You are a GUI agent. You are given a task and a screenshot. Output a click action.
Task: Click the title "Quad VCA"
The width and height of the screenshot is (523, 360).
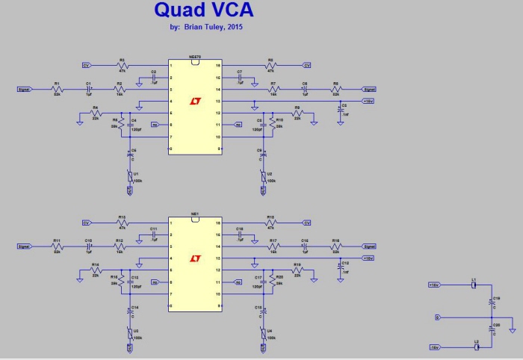coord(203,10)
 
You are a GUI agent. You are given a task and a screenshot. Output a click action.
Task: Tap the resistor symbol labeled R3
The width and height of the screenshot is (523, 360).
coord(123,65)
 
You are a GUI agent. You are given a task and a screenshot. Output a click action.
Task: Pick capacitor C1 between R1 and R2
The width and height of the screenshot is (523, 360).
coord(89,89)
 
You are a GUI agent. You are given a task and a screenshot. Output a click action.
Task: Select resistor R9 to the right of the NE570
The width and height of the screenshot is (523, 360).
coord(297,113)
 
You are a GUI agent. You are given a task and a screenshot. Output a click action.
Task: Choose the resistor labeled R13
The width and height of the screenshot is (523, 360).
coord(123,223)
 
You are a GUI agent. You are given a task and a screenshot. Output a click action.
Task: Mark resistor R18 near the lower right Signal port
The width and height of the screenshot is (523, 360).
coord(336,246)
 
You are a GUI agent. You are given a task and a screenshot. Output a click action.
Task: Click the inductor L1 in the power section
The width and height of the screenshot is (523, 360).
coord(474,285)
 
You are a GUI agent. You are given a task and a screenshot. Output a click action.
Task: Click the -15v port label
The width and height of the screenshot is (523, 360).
coord(433,347)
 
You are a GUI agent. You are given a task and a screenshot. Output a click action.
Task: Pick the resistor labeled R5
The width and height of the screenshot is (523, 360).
coord(270,65)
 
